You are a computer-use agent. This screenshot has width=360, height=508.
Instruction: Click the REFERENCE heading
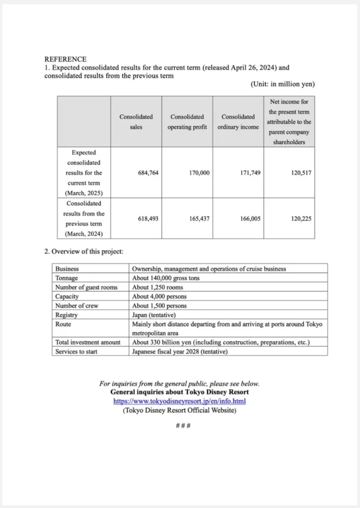pos(65,59)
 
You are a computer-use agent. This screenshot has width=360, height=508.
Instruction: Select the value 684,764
pos(148,173)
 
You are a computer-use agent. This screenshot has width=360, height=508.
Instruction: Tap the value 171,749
pos(250,173)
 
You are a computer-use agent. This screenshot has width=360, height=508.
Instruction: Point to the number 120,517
pos(301,173)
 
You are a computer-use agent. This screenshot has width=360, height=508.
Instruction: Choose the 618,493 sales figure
pos(148,218)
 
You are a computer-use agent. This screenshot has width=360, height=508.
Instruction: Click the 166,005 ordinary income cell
pos(250,218)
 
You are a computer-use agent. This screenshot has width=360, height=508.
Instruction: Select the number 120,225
pos(301,218)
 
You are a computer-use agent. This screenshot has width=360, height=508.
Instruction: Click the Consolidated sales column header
pos(136,122)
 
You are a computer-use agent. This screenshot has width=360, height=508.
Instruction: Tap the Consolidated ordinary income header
pos(238,122)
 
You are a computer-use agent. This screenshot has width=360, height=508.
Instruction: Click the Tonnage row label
pos(67,278)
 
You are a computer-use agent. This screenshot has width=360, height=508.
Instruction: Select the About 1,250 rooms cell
pos(157,287)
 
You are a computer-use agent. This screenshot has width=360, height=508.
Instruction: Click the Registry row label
pos(66,315)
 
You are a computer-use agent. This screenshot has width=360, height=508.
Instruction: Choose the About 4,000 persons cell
pos(159,296)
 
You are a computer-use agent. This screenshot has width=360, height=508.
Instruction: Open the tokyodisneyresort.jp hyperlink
pos(180,401)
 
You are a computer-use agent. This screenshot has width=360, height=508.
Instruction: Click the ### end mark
pos(180,425)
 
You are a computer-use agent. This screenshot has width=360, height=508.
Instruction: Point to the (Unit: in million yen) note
pos(283,84)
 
